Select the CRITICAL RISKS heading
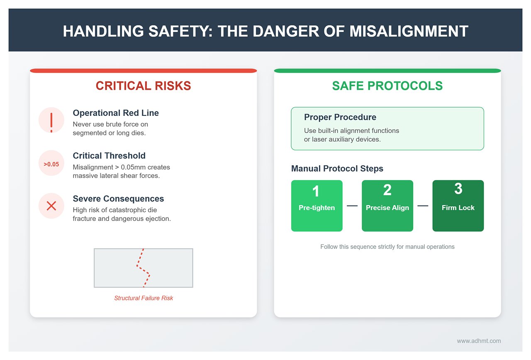143,86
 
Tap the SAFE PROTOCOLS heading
387,86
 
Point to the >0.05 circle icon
51,164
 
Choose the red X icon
51,206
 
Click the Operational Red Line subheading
116,113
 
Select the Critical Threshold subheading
109,156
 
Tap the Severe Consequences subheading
118,198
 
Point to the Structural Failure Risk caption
144,298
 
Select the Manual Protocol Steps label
337,169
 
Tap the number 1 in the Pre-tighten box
316,191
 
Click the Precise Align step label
387,208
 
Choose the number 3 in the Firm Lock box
458,189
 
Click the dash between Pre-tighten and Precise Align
352,206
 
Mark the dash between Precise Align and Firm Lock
423,206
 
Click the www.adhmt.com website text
479,341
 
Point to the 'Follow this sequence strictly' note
387,247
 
